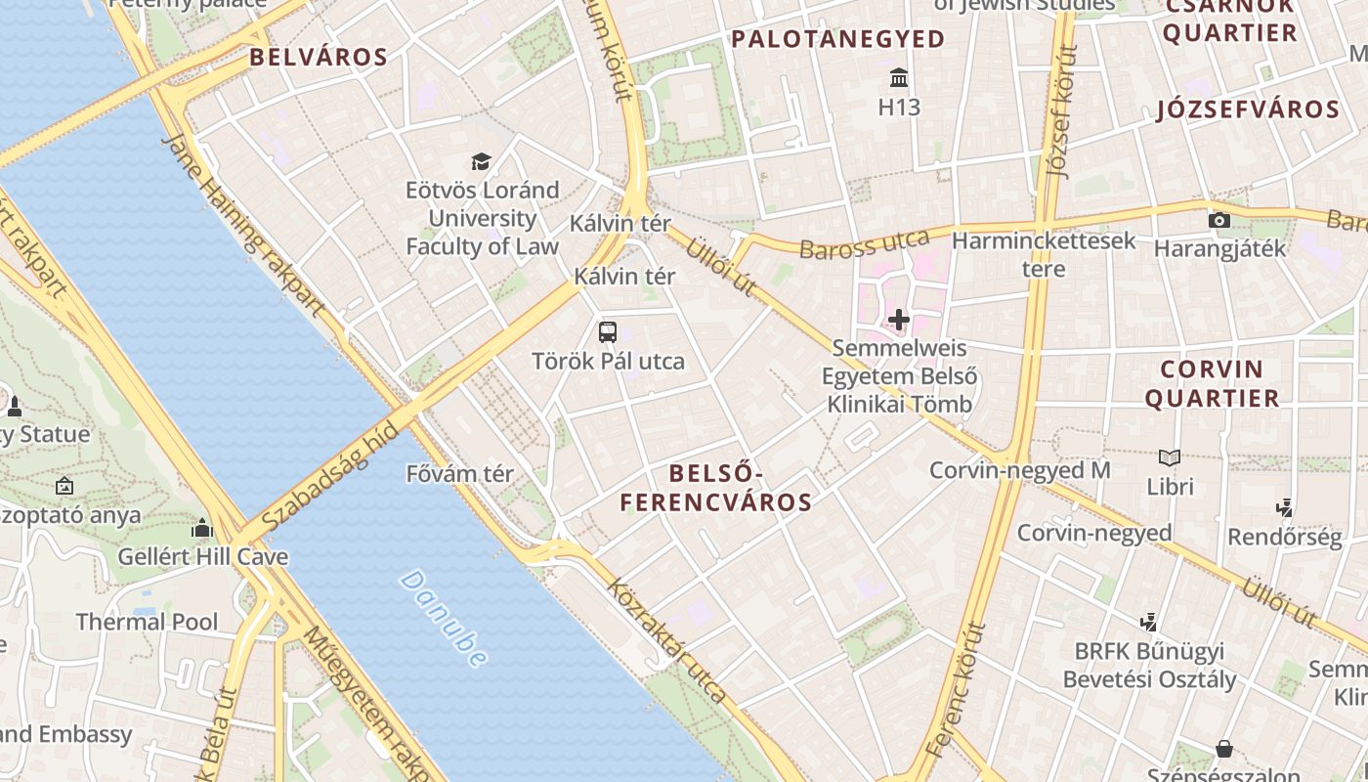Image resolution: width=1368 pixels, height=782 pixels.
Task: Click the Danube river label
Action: click(x=444, y=619)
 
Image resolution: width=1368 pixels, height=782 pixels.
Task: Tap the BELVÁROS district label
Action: click(x=319, y=57)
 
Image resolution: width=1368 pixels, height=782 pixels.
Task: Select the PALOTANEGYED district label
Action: click(x=837, y=39)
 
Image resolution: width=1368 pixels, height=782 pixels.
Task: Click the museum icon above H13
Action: click(x=899, y=77)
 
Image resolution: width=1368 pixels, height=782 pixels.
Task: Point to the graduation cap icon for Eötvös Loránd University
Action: click(x=481, y=161)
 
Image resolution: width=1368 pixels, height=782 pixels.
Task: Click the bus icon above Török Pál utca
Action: click(x=608, y=331)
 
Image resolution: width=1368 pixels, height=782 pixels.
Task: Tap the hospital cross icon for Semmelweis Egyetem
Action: click(x=899, y=319)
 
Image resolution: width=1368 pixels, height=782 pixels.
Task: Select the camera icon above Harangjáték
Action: click(x=1218, y=220)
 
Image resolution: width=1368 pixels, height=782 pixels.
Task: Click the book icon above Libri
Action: click(x=1170, y=457)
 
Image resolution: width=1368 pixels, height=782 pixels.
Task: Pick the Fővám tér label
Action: click(x=459, y=474)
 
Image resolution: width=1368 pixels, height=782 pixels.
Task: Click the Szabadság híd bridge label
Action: click(x=331, y=476)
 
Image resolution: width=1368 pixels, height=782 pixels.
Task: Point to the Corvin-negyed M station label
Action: click(x=1019, y=470)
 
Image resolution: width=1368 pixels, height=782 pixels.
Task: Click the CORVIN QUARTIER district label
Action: click(x=1212, y=383)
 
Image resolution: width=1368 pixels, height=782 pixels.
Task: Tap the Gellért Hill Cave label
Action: click(x=203, y=557)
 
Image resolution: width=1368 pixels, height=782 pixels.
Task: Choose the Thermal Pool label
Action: click(x=147, y=622)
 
